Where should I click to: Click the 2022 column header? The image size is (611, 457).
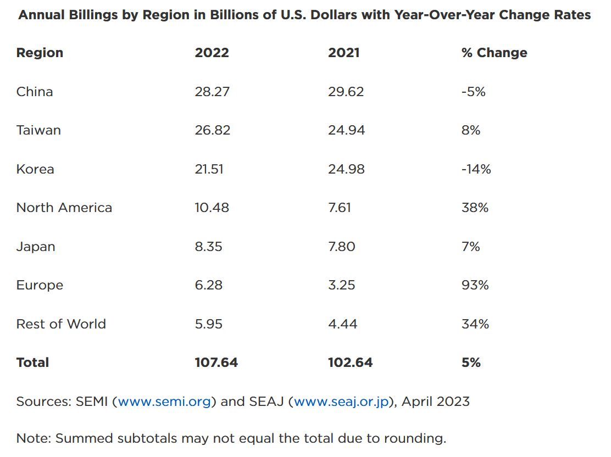click(212, 53)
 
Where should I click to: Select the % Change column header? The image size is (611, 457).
click(494, 53)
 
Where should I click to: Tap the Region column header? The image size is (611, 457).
click(40, 53)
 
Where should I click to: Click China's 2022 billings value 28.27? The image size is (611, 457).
click(212, 92)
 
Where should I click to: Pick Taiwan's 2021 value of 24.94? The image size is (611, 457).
click(346, 130)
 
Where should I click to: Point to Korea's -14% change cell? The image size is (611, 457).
click(476, 169)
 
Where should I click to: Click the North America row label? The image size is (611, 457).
click(64, 208)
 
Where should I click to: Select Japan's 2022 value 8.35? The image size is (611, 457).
click(208, 247)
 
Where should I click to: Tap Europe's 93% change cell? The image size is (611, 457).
click(475, 285)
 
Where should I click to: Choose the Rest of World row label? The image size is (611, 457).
click(61, 324)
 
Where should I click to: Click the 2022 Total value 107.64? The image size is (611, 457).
click(216, 363)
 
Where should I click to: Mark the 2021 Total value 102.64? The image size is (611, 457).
click(350, 363)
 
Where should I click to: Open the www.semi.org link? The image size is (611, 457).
click(164, 402)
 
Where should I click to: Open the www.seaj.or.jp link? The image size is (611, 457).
click(341, 402)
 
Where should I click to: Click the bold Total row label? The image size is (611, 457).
click(32, 363)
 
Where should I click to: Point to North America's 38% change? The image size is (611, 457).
click(475, 208)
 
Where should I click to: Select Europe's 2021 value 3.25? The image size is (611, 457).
click(341, 285)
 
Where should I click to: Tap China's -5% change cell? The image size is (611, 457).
click(474, 92)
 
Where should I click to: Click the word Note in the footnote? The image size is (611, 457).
click(32, 438)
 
